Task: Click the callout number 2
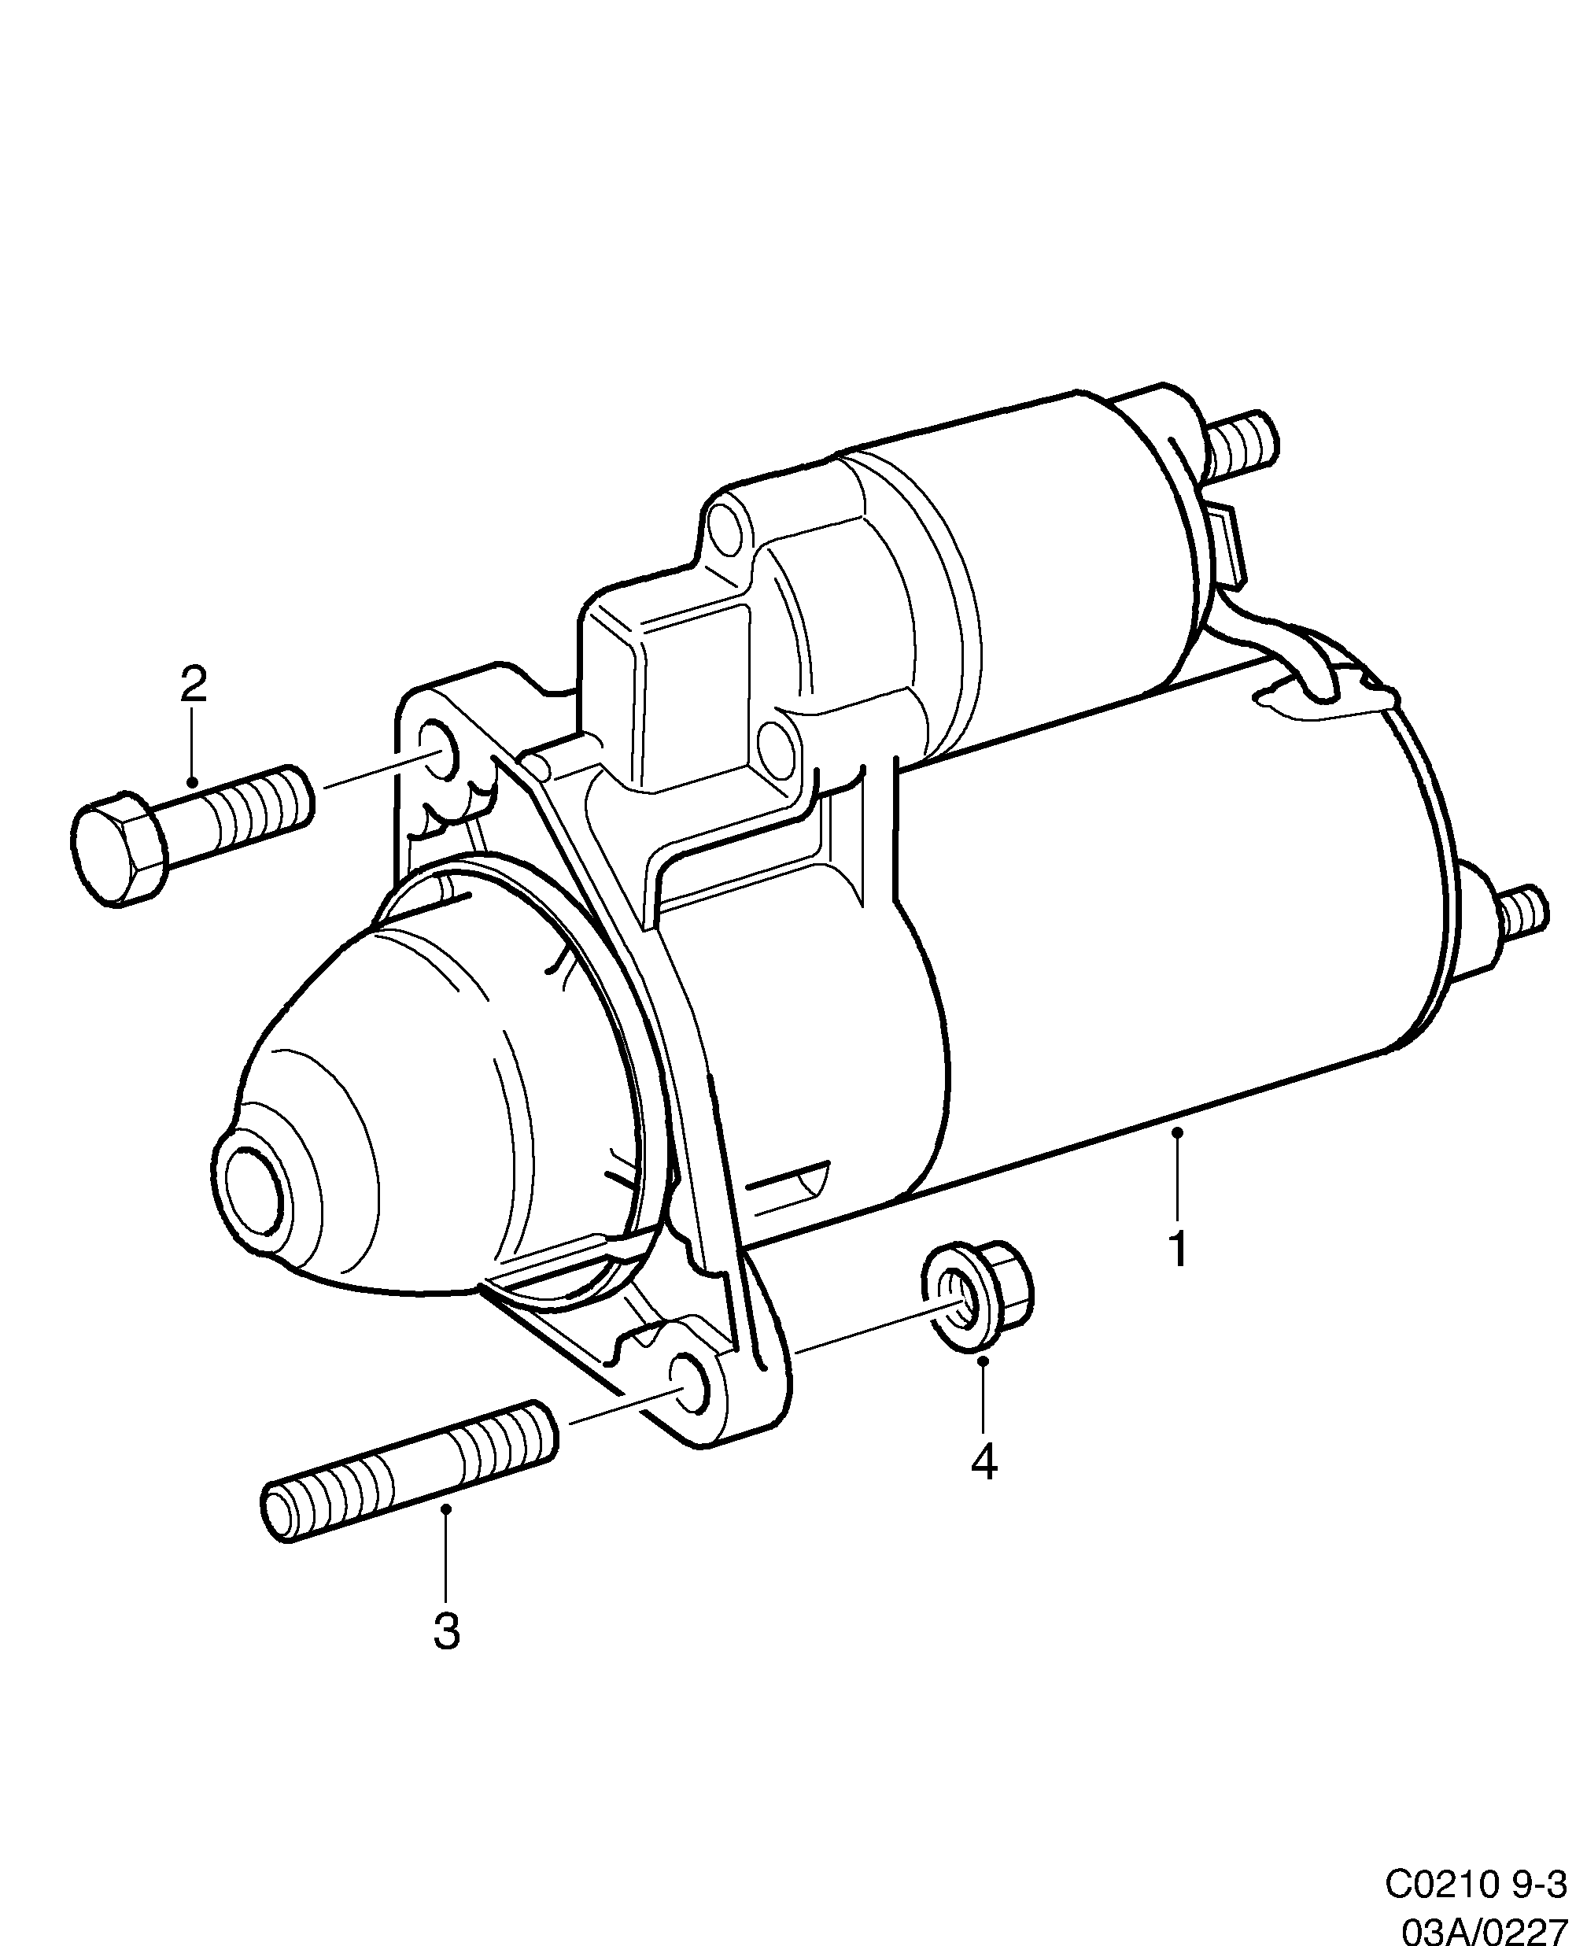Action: (193, 684)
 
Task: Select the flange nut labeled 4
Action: (976, 1295)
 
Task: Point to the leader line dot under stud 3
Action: (446, 1509)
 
